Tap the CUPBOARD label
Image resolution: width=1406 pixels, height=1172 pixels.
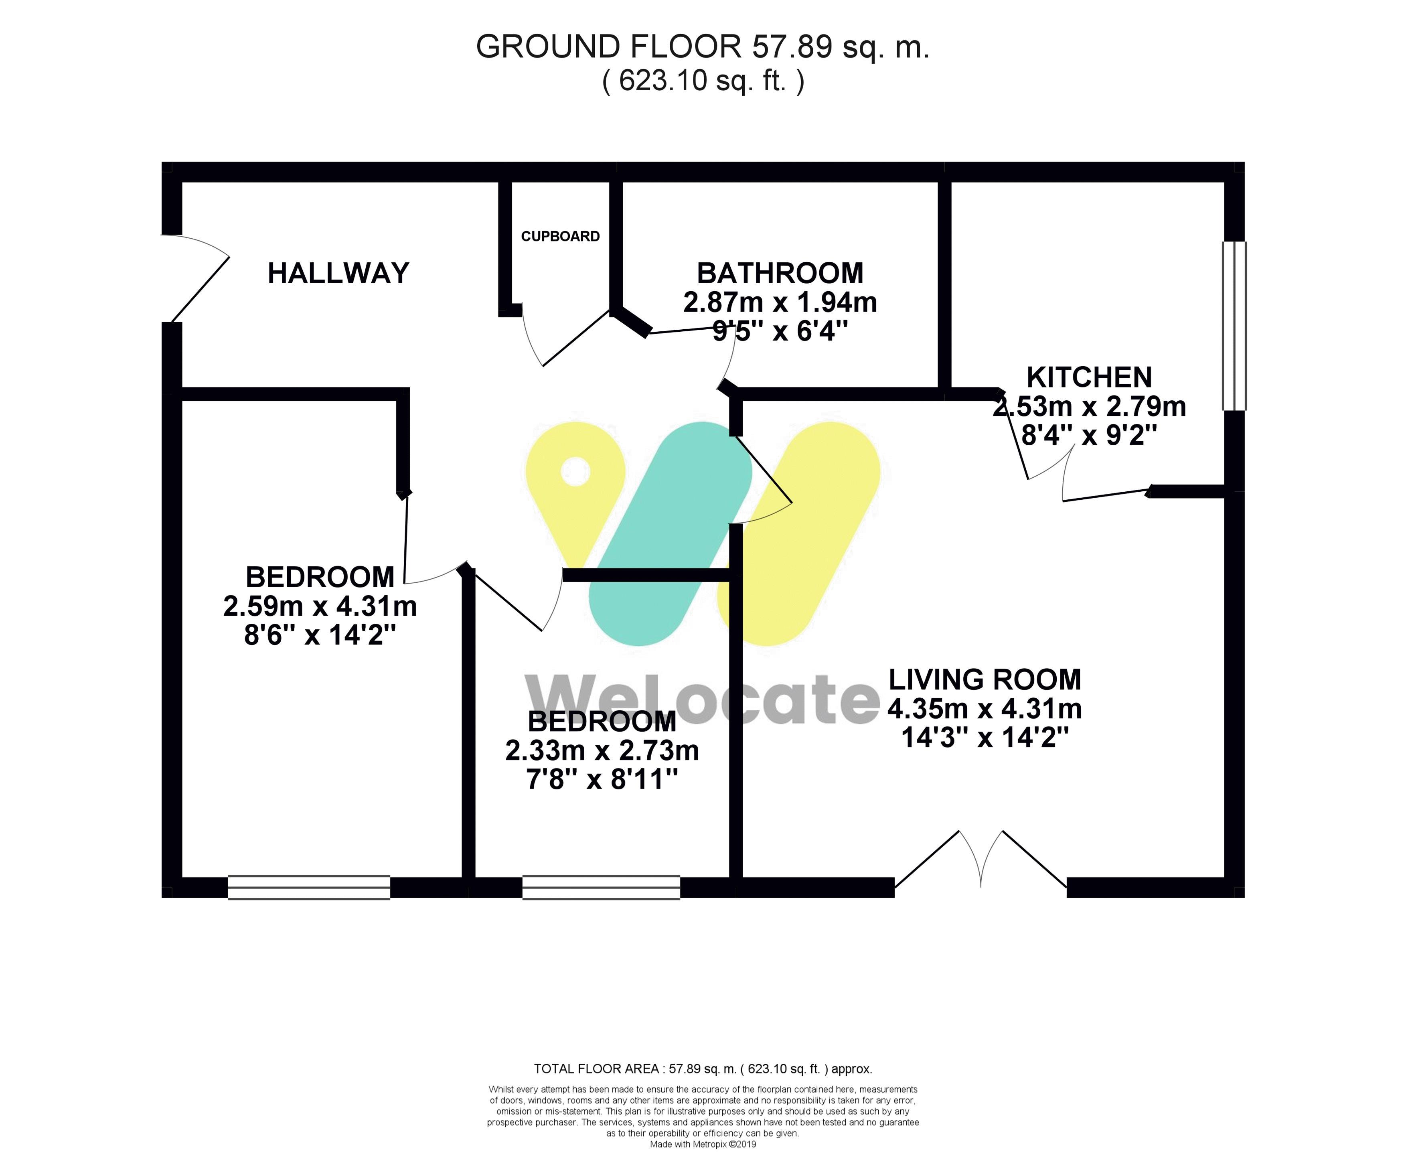pyautogui.click(x=560, y=236)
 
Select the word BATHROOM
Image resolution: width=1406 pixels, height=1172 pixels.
pyautogui.click(x=780, y=273)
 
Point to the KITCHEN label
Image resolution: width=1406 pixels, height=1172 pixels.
pyautogui.click(x=1089, y=378)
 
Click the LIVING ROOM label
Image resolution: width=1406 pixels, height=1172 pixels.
pyautogui.click(x=985, y=680)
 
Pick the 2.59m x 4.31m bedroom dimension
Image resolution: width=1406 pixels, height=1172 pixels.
pyautogui.click(x=320, y=606)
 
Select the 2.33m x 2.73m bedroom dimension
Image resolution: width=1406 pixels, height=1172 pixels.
pyautogui.click(x=602, y=751)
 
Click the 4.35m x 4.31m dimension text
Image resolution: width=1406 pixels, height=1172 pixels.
pyautogui.click(x=985, y=709)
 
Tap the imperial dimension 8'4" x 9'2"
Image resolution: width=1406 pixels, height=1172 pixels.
pyautogui.click(x=1089, y=436)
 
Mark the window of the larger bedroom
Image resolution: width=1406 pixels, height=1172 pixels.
pyautogui.click(x=309, y=887)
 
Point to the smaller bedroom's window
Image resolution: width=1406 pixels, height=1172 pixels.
pyautogui.click(x=601, y=887)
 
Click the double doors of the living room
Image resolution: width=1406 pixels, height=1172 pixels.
pyautogui.click(x=981, y=859)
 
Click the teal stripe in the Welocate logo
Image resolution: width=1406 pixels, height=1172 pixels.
pyautogui.click(x=670, y=534)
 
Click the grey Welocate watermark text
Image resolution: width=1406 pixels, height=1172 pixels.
pyautogui.click(x=702, y=700)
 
